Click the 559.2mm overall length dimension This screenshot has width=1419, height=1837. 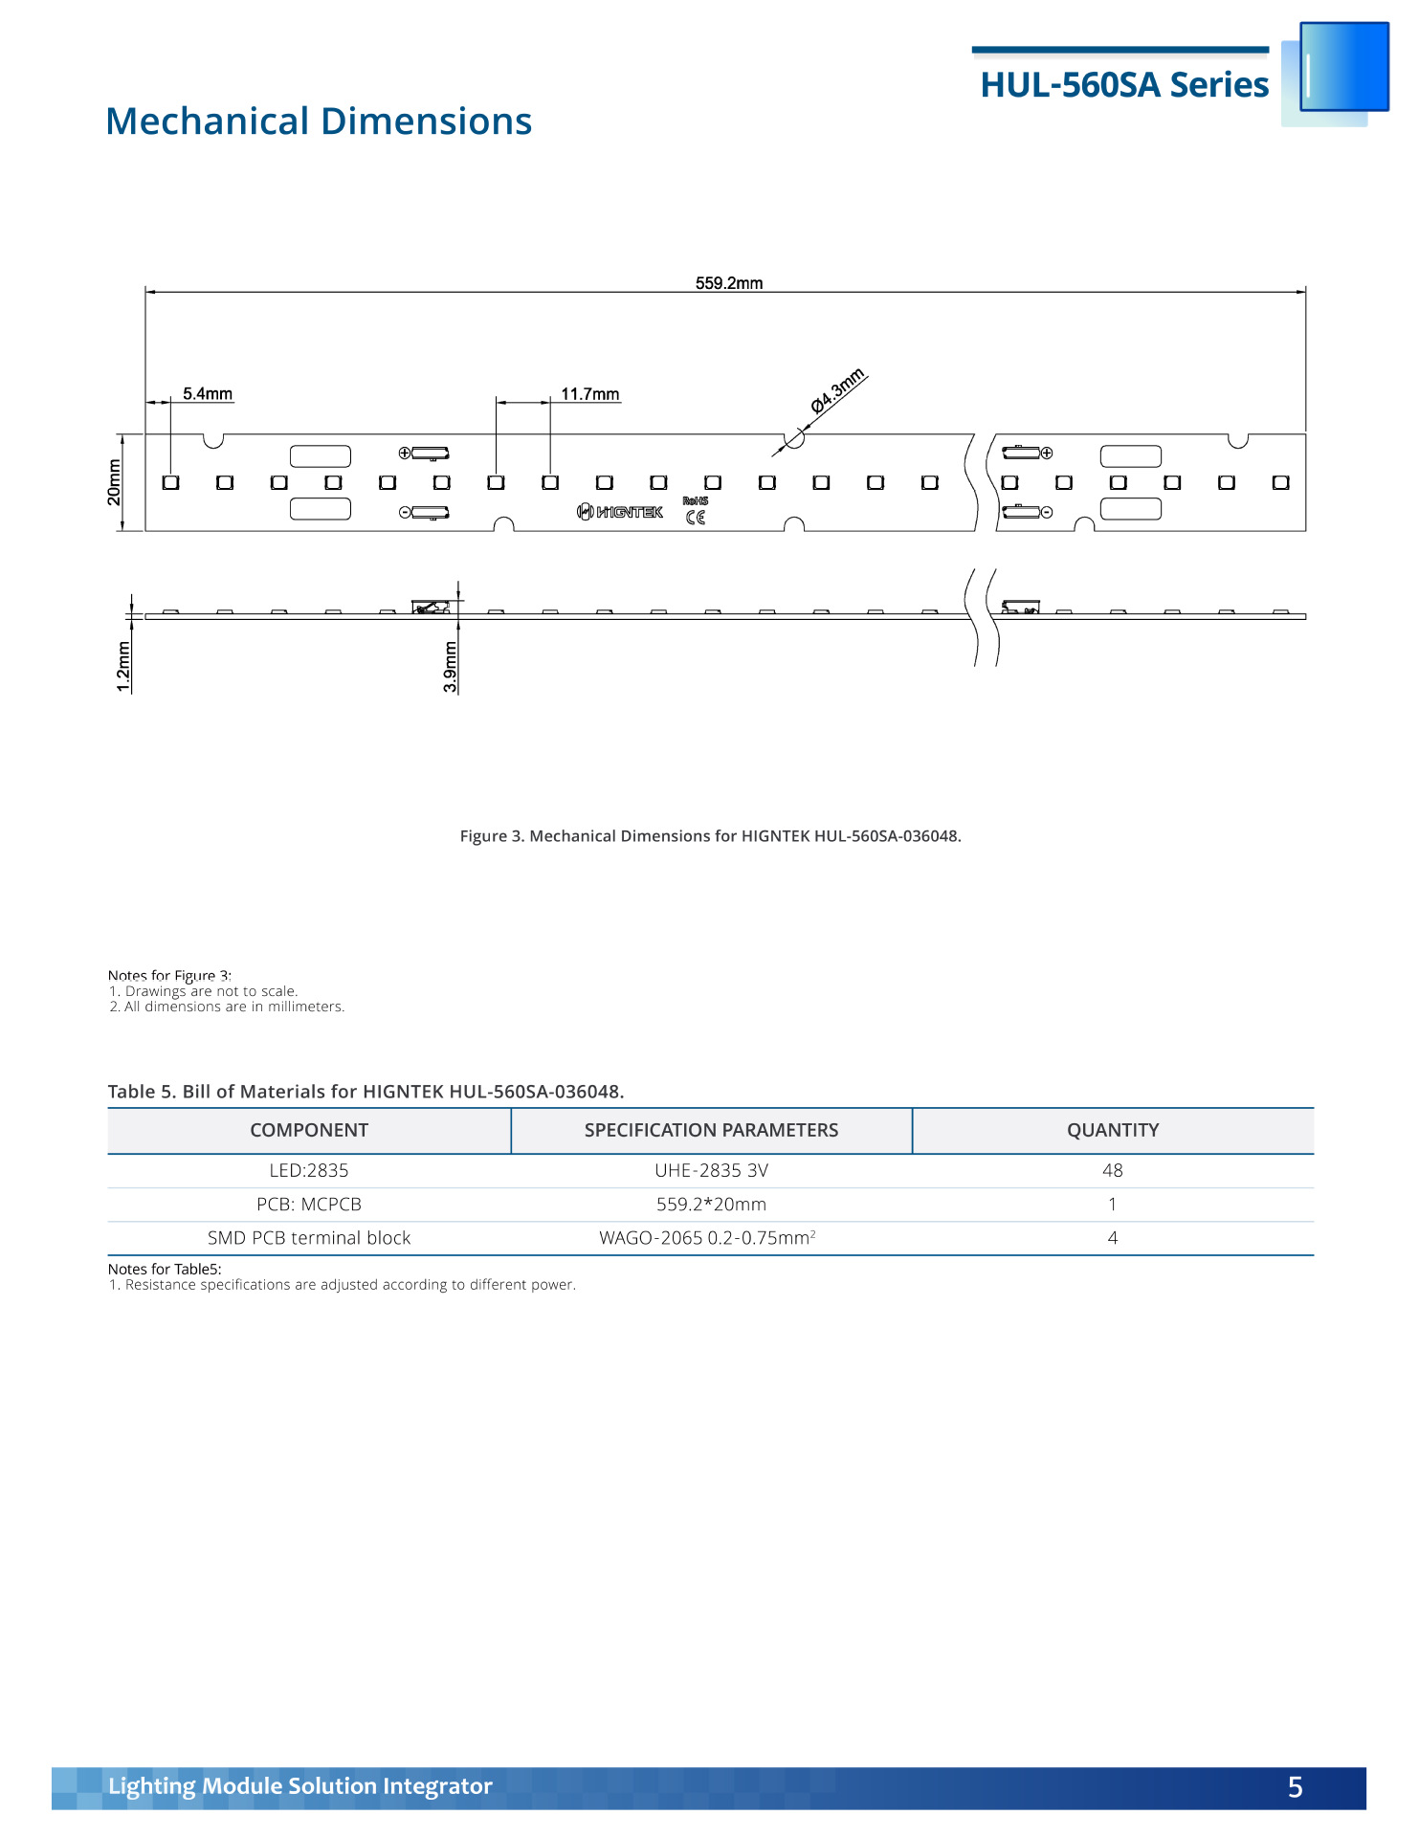click(x=728, y=283)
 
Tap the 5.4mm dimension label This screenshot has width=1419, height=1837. click(x=208, y=394)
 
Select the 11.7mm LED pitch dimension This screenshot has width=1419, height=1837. click(x=589, y=394)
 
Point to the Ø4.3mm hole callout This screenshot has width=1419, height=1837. click(x=837, y=390)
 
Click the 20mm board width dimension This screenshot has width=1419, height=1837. click(x=115, y=482)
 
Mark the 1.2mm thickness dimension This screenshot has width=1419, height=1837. click(x=123, y=666)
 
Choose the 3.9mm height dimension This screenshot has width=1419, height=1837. click(x=451, y=666)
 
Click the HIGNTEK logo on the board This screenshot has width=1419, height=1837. click(x=620, y=512)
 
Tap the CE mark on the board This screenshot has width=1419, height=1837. click(x=696, y=518)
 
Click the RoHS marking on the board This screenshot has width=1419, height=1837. click(x=696, y=500)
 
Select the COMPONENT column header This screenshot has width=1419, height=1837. click(x=309, y=1130)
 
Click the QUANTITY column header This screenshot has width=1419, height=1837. click(x=1113, y=1130)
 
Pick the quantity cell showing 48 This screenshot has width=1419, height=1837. click(x=1112, y=1170)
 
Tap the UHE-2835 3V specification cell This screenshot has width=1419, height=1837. click(x=711, y=1170)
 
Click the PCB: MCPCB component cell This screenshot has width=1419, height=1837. click(x=309, y=1205)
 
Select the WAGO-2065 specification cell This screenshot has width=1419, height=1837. click(x=707, y=1238)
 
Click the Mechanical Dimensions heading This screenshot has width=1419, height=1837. click(x=319, y=122)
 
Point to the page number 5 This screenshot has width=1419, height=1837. click(x=1295, y=1787)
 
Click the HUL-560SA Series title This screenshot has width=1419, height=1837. click(x=1124, y=85)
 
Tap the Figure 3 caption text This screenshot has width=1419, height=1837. click(x=710, y=836)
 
